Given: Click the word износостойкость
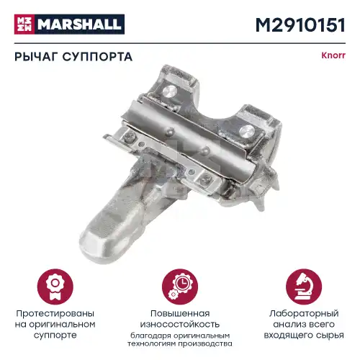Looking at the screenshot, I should coord(180,325).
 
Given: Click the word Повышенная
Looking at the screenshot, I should coord(180,314).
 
